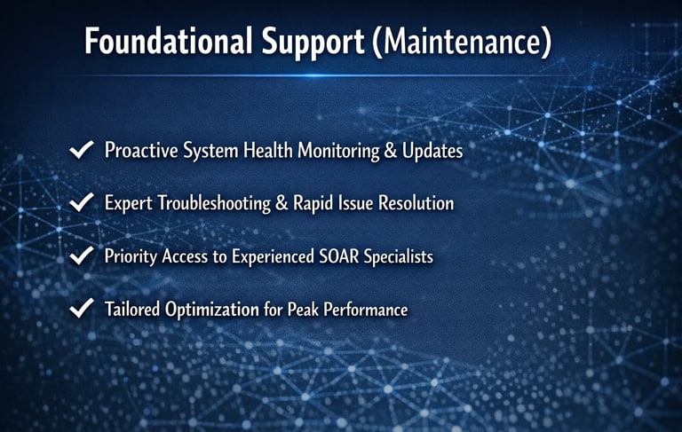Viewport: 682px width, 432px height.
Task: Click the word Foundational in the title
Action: pos(169,41)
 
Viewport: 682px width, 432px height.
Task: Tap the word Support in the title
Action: pos(313,43)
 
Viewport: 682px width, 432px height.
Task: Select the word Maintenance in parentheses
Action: pos(463,42)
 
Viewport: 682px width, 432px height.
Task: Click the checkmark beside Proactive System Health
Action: pos(82,150)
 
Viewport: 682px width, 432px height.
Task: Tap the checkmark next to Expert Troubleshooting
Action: pos(82,202)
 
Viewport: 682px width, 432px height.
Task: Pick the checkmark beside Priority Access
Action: pos(82,255)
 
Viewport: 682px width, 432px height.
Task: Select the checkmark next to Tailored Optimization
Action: pos(82,308)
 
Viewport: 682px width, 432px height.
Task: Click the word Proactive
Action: pos(141,151)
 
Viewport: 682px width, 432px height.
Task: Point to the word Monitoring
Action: pos(338,151)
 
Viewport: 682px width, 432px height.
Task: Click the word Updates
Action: pos(432,151)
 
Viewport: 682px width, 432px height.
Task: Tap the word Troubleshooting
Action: pos(213,203)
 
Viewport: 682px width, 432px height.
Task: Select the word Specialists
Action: pos(399,257)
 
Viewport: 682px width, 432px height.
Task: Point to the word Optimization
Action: pos(212,310)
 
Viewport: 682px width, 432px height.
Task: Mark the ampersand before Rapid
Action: pos(282,203)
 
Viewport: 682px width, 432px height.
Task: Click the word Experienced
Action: pos(273,257)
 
